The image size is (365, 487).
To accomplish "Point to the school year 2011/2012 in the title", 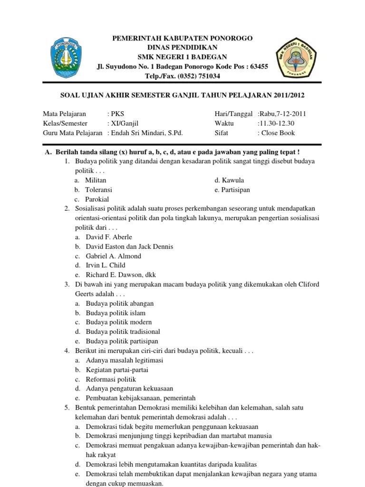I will [288, 96].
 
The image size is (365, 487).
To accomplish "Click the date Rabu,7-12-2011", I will [282, 114].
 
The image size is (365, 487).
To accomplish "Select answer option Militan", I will [96, 180].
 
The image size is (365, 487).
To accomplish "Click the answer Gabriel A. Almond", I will [113, 256].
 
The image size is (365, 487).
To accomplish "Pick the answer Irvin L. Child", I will [106, 265].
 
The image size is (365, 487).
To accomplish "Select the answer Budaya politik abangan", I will [119, 303].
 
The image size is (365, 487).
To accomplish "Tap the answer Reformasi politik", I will [111, 379].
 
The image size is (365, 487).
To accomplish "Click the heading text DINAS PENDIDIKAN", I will [182, 48].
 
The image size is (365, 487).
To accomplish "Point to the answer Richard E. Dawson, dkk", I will [120, 275].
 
